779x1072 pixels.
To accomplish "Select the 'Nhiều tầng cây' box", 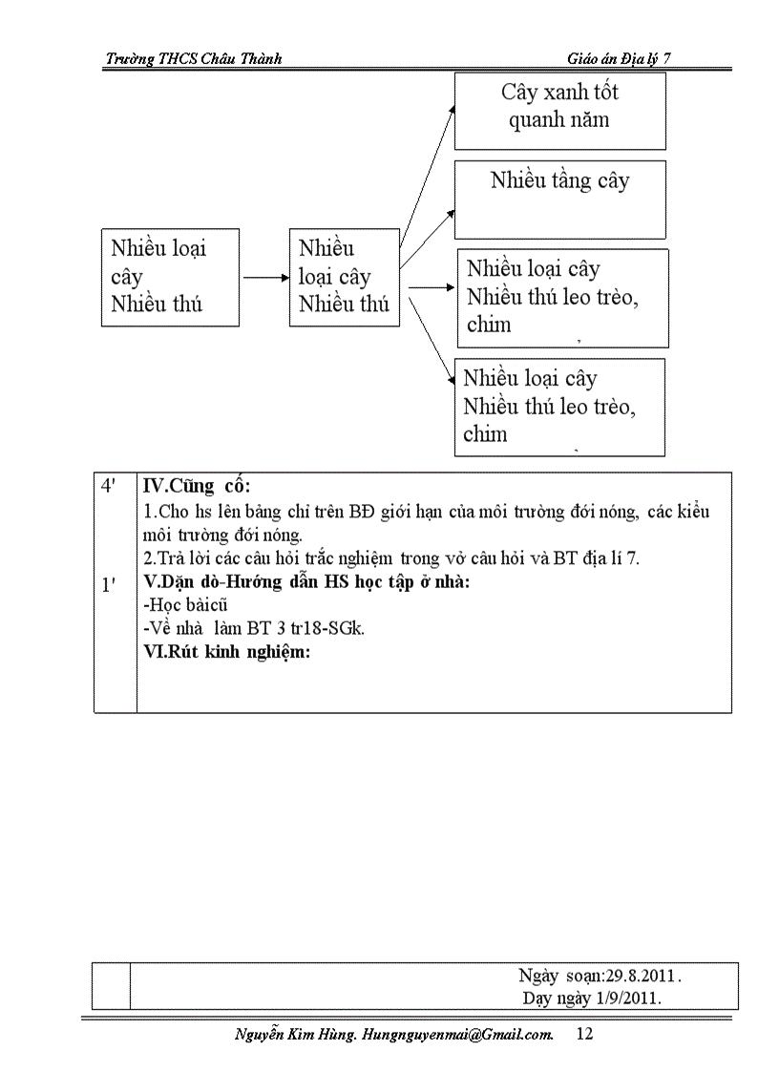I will [559, 199].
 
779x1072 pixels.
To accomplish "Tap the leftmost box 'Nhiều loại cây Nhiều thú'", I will [170, 277].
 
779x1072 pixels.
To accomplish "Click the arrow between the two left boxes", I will [264, 278].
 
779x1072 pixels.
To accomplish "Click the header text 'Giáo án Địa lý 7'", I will [620, 58].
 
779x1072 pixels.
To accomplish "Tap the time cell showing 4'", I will [110, 485].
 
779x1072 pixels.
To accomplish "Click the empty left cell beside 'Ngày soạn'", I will [111, 986].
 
